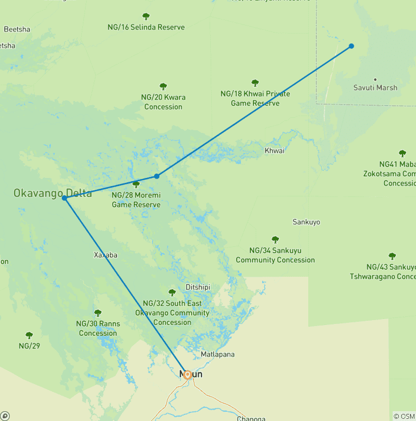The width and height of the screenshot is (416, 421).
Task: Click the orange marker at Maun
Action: tap(187, 374)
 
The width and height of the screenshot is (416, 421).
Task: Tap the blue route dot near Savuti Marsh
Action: tap(352, 46)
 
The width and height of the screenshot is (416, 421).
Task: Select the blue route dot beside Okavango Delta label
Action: tap(64, 199)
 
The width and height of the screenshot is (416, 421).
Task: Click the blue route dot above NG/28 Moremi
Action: tap(157, 176)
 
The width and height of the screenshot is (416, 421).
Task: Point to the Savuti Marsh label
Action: tap(375, 88)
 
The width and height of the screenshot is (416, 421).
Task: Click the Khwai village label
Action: tap(275, 151)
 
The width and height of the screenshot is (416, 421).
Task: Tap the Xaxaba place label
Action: tap(106, 255)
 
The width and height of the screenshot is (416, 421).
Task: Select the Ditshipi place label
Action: tap(197, 287)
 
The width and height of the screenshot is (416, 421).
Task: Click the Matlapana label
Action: tap(218, 354)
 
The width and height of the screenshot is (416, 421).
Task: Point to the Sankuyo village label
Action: tap(306, 222)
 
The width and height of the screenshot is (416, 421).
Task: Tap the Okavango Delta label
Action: tap(53, 193)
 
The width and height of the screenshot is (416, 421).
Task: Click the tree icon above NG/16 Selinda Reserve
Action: tap(146, 17)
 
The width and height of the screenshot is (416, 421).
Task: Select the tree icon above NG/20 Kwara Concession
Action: tap(163, 86)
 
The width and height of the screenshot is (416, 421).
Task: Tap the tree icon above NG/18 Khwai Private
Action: tap(255, 83)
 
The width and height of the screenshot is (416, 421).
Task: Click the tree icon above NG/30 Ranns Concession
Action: tap(98, 313)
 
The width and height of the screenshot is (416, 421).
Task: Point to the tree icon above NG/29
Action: tap(29, 335)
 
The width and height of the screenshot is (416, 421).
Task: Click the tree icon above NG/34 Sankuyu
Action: tap(275, 239)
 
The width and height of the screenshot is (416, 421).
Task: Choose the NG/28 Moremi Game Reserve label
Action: tap(136, 200)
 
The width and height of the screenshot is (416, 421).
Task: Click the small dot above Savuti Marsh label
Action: tap(375, 79)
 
